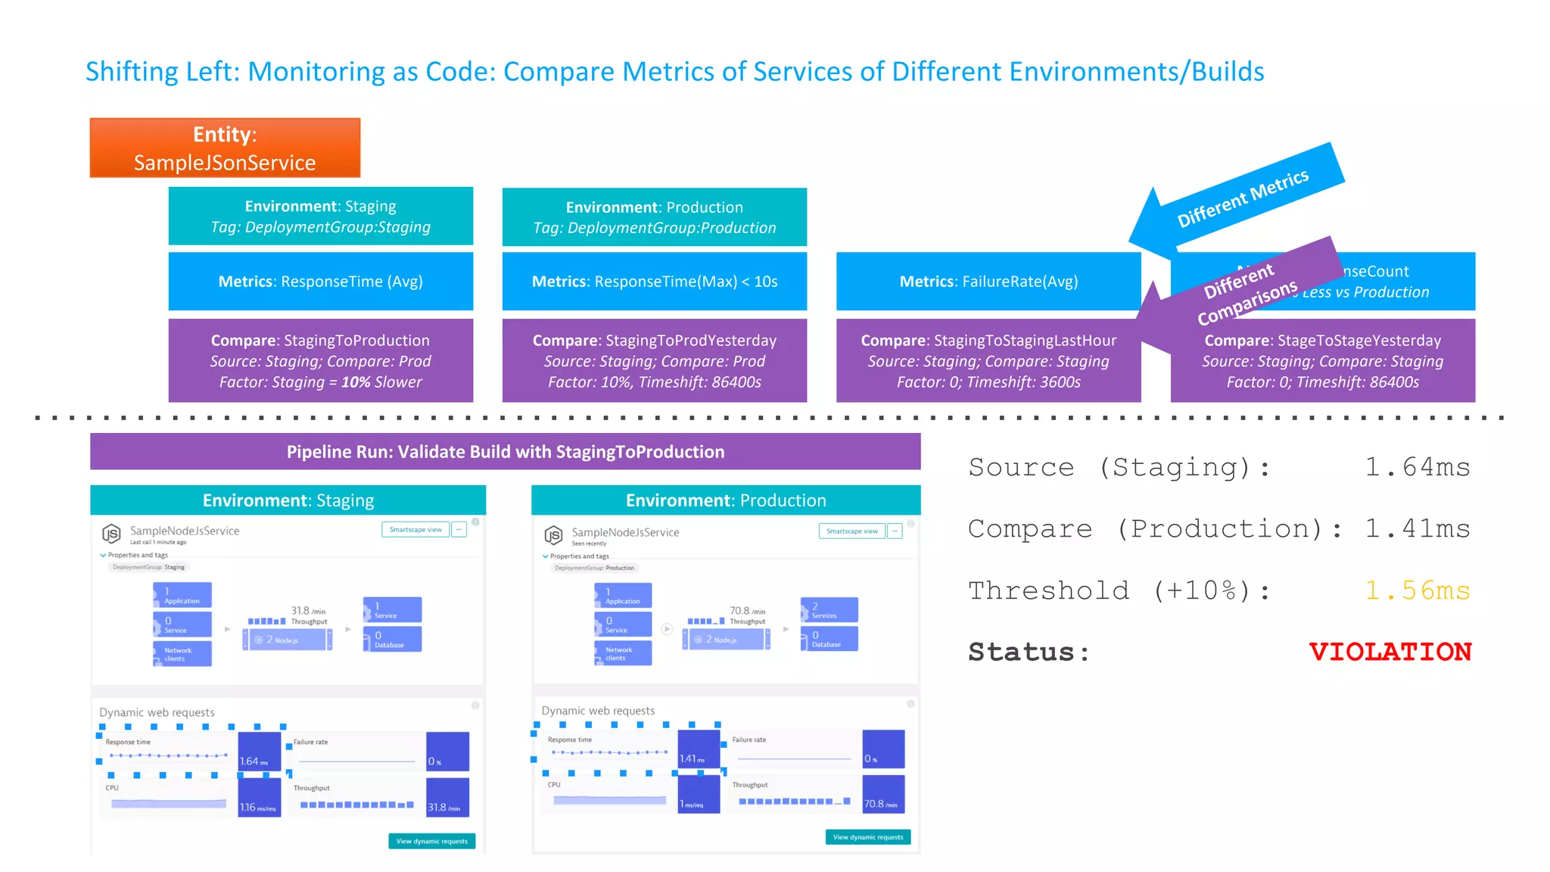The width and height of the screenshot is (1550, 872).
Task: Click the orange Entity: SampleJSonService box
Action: [x=225, y=148]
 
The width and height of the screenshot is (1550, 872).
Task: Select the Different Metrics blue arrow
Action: [x=1241, y=198]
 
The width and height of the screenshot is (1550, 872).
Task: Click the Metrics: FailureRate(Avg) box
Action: [x=988, y=282]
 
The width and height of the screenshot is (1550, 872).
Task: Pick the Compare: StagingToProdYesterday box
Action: [x=654, y=360]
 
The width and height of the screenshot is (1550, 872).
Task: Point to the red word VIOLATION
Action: [x=1390, y=652]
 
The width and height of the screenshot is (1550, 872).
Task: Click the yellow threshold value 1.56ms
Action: [x=1417, y=590]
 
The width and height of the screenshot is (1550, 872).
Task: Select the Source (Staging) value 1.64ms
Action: [x=1417, y=467]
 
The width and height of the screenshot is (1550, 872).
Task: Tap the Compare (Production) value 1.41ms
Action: [x=1417, y=528]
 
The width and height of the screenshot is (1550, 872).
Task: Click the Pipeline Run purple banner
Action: [x=505, y=452]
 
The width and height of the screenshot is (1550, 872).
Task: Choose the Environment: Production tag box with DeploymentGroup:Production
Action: [x=654, y=217]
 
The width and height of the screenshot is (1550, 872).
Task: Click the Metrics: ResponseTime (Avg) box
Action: [x=320, y=282]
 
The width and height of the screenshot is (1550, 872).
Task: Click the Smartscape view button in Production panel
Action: [x=851, y=531]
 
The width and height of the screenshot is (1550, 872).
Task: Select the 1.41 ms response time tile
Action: [x=698, y=749]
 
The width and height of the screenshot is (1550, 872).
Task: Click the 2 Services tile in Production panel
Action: [x=829, y=610]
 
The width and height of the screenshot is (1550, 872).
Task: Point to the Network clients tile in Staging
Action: [x=182, y=654]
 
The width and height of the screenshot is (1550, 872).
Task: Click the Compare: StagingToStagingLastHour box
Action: [x=988, y=360]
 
